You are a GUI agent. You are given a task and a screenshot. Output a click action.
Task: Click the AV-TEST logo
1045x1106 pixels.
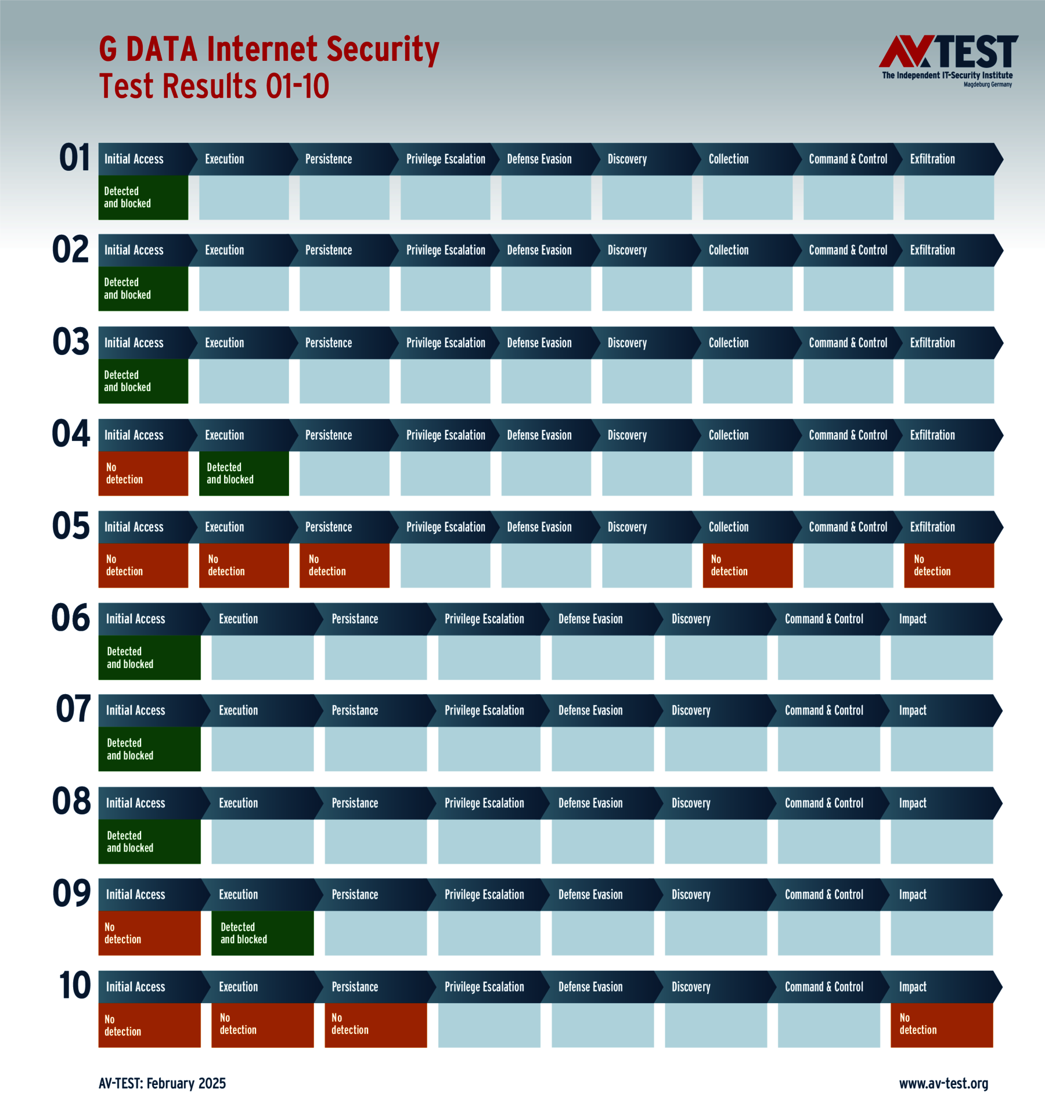947,60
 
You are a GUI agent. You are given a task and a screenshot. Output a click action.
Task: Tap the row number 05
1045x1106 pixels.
71,526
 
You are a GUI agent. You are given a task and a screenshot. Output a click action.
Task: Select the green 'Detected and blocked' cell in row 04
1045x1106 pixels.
244,473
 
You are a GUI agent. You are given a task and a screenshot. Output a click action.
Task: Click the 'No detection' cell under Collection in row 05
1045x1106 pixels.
747,565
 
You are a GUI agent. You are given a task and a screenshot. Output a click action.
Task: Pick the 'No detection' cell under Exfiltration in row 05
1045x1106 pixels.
949,565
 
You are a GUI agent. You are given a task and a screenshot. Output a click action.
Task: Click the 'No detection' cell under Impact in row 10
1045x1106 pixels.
941,1025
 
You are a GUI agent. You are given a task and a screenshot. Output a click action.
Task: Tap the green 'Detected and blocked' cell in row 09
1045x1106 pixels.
262,933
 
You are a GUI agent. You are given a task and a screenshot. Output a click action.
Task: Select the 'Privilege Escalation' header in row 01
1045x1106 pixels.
445,159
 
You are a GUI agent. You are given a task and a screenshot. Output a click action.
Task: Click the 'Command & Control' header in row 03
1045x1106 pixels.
848,343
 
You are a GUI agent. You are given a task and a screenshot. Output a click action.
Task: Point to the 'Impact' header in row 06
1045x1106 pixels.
913,619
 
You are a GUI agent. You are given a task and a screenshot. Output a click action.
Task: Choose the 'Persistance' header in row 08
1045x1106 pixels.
355,803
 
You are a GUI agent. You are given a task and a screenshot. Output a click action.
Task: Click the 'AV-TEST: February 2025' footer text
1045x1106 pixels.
162,1083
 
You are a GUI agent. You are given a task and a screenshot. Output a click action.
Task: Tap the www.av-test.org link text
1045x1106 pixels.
943,1083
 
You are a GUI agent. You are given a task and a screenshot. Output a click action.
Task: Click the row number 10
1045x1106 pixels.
75,986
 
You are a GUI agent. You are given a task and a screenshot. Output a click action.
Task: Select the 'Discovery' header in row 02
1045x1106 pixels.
627,250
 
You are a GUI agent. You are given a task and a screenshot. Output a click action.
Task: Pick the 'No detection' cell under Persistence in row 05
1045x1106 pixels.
344,565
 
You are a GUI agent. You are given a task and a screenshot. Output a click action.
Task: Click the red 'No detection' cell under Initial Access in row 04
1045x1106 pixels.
143,473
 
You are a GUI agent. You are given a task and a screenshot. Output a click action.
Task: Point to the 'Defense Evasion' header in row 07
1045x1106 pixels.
590,710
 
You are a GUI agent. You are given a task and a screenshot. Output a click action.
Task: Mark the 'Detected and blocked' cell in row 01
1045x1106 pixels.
143,198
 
